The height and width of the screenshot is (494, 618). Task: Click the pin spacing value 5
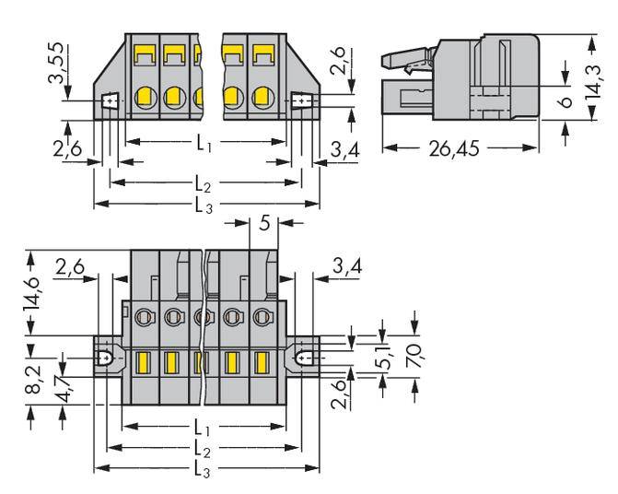coord(265,222)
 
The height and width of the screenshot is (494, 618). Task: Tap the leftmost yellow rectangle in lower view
coord(143,361)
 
